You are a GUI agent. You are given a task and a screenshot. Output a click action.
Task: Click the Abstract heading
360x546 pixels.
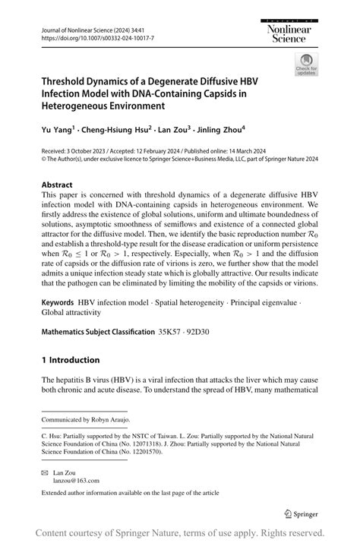(57, 185)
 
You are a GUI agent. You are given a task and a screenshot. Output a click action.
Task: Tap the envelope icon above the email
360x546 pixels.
(46, 472)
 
